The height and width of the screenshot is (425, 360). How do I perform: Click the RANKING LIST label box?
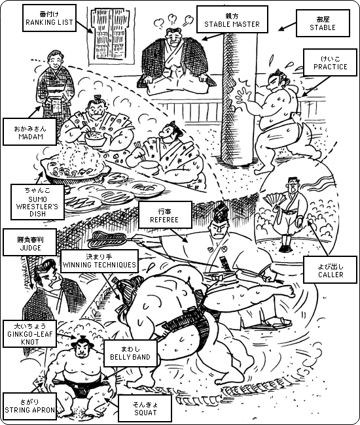(x=49, y=18)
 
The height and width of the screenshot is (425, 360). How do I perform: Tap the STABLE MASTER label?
(x=232, y=20)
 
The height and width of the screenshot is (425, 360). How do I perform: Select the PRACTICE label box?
(x=330, y=62)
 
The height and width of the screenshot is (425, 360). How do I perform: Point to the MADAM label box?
(x=30, y=131)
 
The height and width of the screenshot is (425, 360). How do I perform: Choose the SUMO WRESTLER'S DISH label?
(x=37, y=202)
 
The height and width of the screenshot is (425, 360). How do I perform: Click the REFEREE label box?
(x=164, y=215)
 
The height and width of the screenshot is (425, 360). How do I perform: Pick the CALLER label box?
(x=330, y=270)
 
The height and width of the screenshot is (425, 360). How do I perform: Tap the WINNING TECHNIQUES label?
(x=99, y=261)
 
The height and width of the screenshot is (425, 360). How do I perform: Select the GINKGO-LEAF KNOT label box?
(x=30, y=333)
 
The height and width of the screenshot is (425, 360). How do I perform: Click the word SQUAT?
(x=145, y=413)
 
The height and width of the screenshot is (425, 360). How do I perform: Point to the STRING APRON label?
(x=30, y=406)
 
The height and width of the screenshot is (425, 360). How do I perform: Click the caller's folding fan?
(x=274, y=201)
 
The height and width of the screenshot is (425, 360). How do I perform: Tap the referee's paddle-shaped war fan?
(x=108, y=239)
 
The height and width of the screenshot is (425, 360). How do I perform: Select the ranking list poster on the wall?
(x=112, y=36)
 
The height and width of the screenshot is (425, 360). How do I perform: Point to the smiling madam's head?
(x=56, y=61)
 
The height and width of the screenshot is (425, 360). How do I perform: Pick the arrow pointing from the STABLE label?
(x=287, y=26)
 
